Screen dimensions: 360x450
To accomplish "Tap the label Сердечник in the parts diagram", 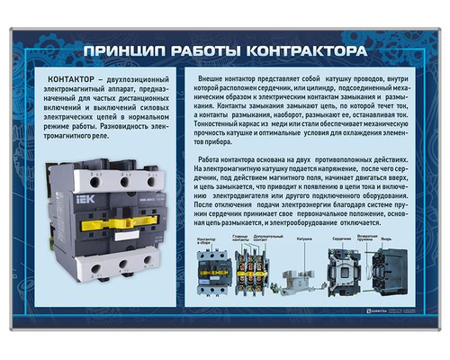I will (x=339, y=239).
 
